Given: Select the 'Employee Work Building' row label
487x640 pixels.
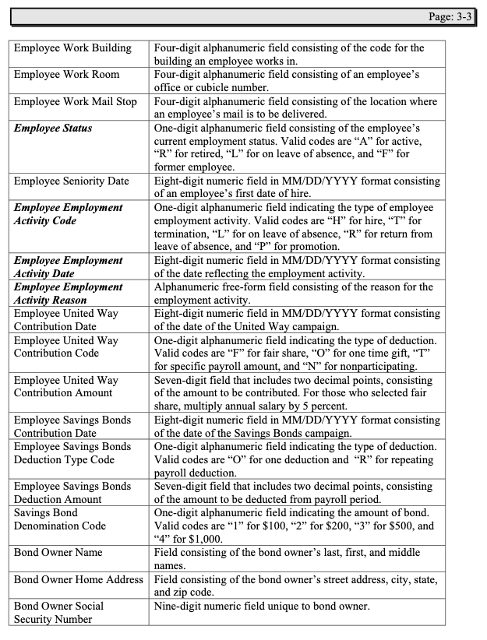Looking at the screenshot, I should point(73,48).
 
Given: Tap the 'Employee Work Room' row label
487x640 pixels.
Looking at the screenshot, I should point(66,74).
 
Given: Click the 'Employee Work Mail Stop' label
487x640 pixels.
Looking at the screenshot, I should point(76,101).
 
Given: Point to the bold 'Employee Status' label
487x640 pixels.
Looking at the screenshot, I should point(53,128).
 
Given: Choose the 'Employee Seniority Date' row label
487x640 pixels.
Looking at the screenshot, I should point(72,181).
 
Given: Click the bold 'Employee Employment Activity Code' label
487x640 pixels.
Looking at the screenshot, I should point(69,214).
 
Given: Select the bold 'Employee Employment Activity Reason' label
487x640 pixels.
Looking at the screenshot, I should point(69,294).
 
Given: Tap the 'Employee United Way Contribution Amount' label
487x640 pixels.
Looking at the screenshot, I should point(66,386).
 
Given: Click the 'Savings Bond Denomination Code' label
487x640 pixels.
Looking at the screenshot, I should point(60,519).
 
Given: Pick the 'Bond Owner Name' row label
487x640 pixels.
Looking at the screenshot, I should point(58,553).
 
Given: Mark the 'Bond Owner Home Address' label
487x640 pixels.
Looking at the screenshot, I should point(79,579).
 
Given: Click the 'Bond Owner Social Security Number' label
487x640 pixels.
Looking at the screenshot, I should point(59,612).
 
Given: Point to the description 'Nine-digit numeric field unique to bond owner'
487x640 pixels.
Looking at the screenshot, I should point(262,606).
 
